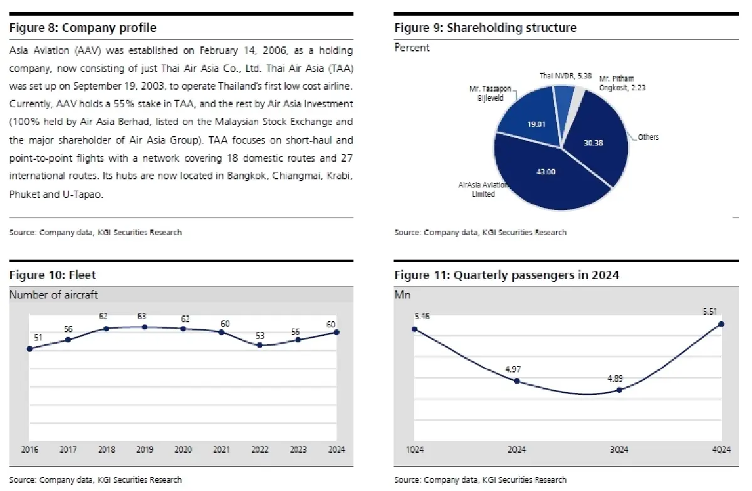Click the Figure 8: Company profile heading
coord(83,28)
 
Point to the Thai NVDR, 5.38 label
coord(565,76)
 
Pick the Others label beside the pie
coord(648,137)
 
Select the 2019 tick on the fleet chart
coord(145,450)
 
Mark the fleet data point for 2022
coord(260,345)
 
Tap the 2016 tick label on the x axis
coord(29,450)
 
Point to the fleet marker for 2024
coord(337,332)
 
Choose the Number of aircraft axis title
coord(54,295)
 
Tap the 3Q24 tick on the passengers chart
coord(619,450)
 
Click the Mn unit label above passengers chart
coord(402,295)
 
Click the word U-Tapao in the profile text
coord(84,194)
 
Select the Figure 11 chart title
coord(506,275)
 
